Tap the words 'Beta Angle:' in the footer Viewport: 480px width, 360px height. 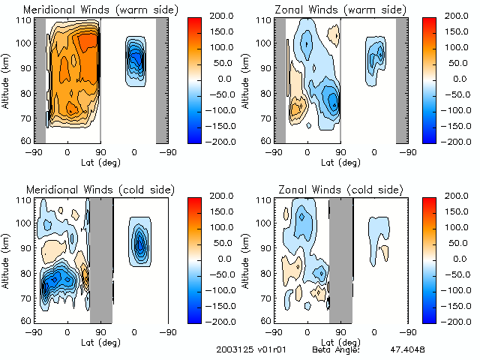(336, 349)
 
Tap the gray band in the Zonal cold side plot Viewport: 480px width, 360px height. (341, 259)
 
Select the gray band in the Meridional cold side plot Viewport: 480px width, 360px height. (101, 259)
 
